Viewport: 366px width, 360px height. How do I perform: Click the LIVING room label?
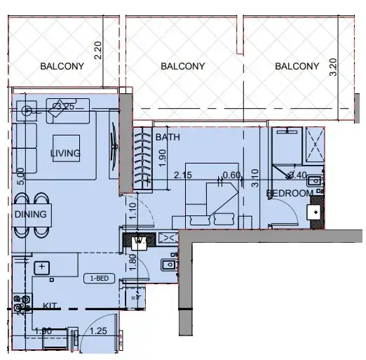point(65,153)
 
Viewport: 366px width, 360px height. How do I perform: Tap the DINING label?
point(30,215)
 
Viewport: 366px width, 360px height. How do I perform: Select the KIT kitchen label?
point(50,306)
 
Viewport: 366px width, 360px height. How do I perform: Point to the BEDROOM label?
point(290,193)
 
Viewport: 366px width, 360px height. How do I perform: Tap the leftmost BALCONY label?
point(62,67)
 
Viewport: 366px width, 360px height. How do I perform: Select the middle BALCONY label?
point(182,67)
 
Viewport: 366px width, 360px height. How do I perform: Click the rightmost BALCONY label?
point(297,67)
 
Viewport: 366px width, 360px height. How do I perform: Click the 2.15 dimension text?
point(183,175)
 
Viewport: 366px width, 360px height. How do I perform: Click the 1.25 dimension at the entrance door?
point(99,331)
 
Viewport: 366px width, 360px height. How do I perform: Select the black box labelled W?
point(138,239)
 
